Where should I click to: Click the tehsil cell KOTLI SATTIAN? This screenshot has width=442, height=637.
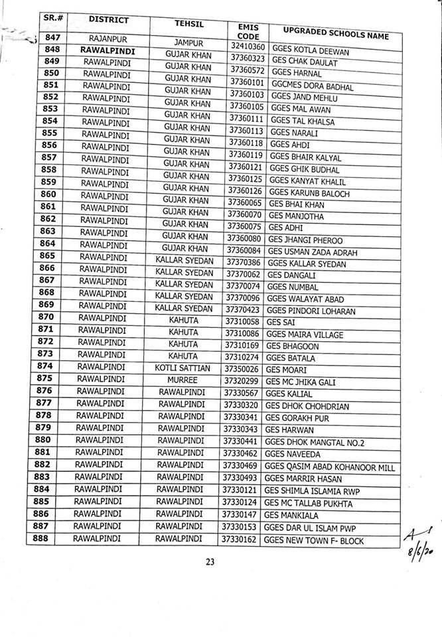click(183, 368)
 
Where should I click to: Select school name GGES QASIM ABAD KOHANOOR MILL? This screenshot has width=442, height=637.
click(329, 467)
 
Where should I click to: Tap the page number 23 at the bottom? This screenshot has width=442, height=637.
click(210, 562)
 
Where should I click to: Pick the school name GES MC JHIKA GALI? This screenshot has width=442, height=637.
click(300, 383)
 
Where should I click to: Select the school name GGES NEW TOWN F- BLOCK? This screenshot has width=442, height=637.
click(313, 541)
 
